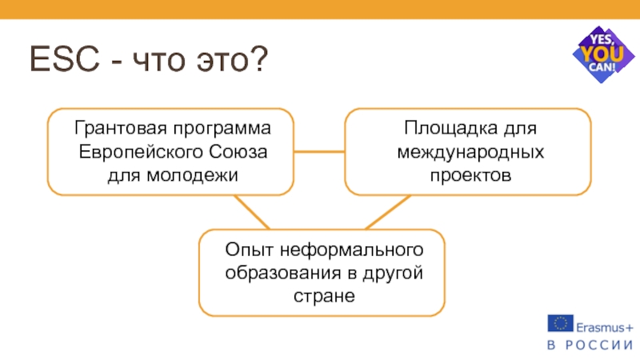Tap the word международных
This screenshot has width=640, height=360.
(x=469, y=151)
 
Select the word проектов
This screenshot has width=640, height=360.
(x=469, y=174)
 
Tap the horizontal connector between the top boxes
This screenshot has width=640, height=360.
(x=318, y=151)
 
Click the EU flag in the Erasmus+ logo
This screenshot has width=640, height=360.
(x=560, y=323)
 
